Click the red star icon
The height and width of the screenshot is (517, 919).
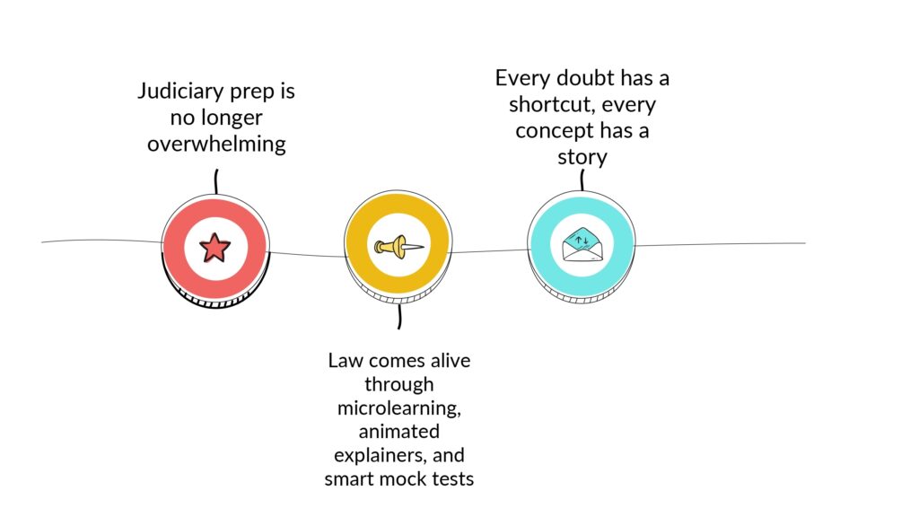click(x=214, y=248)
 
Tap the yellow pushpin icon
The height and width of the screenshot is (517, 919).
click(x=398, y=247)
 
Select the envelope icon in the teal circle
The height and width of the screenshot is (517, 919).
click(x=582, y=244)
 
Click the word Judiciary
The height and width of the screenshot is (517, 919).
click(x=181, y=92)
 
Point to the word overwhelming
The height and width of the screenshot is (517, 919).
click(x=216, y=145)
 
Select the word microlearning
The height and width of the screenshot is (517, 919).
click(x=399, y=408)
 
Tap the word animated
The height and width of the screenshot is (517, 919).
click(x=399, y=432)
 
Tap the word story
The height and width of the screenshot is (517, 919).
click(x=582, y=158)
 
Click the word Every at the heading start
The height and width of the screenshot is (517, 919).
click(x=523, y=79)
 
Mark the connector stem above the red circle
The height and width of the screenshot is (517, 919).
click(x=216, y=181)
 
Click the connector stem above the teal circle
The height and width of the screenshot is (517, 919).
click(x=582, y=180)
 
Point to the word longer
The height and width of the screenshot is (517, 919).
click(x=232, y=118)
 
